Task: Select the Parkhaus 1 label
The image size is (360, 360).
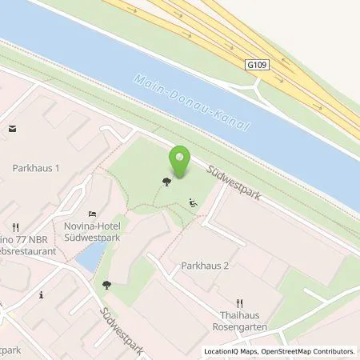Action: coord(36,169)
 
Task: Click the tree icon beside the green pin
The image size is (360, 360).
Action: coord(166,182)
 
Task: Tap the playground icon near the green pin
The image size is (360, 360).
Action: coord(192,202)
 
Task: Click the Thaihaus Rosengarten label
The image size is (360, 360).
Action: coord(241,321)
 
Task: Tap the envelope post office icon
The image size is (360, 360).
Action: coord(12,127)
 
